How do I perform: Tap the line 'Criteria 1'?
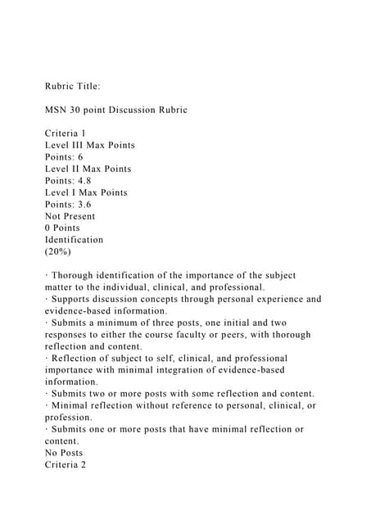coord(66,133)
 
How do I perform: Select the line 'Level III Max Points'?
coord(89,145)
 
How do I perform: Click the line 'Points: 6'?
coord(64,156)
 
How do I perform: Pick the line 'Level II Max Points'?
coord(88,169)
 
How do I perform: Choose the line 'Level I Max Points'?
coord(86,192)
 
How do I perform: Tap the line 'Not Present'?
coord(70,216)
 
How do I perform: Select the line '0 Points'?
coord(62,228)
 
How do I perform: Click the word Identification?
coord(74,240)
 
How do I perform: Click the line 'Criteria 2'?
coord(66,464)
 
